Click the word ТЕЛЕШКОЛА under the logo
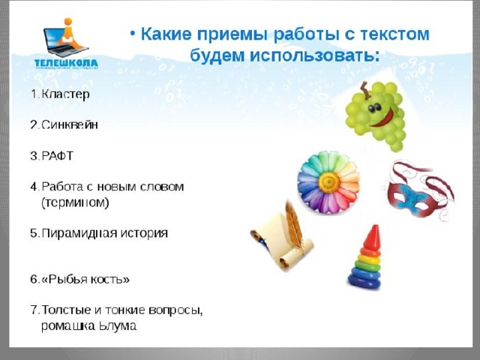click(x=66, y=64)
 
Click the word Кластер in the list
click(x=65, y=94)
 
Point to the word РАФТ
click(x=58, y=156)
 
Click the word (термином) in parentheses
click(x=75, y=202)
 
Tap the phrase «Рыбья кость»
click(x=85, y=279)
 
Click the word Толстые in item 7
click(x=67, y=310)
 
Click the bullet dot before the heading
click(x=133, y=33)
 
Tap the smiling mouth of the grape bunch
click(x=382, y=119)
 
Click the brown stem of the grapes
click(x=364, y=90)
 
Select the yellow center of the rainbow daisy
click(x=329, y=182)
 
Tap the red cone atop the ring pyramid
click(x=373, y=238)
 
